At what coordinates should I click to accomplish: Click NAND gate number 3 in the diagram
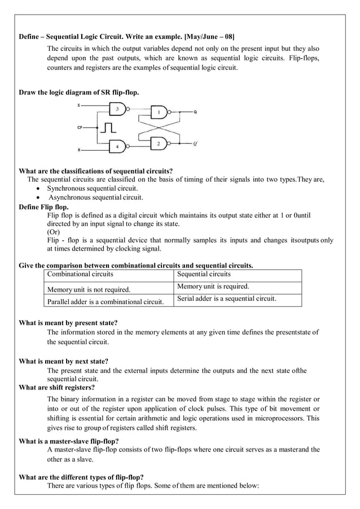pos(118,108)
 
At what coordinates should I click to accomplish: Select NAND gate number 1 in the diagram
pos(160,113)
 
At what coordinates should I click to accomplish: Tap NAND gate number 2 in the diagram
pos(160,144)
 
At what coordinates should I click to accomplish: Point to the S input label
pos(79,106)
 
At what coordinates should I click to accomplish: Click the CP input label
pos(80,128)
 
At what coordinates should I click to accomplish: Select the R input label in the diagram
pos(79,150)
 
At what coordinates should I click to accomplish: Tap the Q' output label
pos(195,144)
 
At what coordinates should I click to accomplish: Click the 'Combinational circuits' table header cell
pos(80,274)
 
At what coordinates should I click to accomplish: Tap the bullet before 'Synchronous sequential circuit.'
pos(37,188)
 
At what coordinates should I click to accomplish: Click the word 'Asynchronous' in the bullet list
pos(70,198)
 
